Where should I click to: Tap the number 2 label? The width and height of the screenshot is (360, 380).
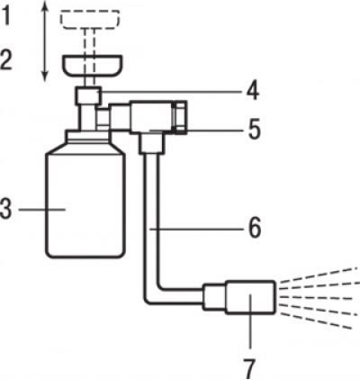pyautogui.click(x=6, y=60)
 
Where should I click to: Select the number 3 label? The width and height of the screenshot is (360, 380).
pyautogui.click(x=6, y=209)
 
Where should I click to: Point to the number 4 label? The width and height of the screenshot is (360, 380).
pyautogui.click(x=253, y=90)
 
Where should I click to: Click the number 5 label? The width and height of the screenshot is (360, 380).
pyautogui.click(x=254, y=130)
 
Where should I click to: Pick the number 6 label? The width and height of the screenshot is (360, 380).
pyautogui.click(x=255, y=229)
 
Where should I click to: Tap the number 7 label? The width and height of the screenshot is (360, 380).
pyautogui.click(x=249, y=368)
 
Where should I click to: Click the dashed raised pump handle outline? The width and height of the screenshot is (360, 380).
pyautogui.click(x=90, y=19)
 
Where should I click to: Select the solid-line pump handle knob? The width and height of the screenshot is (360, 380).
pyautogui.click(x=92, y=66)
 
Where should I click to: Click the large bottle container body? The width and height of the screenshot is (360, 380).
pyautogui.click(x=85, y=204)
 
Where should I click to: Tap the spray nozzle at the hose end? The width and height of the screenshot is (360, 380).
pyautogui.click(x=250, y=297)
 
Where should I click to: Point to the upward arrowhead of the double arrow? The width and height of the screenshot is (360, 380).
pyautogui.click(x=45, y=5)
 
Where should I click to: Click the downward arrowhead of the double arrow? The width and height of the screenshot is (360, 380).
pyautogui.click(x=45, y=77)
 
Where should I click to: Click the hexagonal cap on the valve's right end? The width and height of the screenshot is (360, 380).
pyautogui.click(x=180, y=117)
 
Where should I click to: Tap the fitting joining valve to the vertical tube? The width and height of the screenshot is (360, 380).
pyautogui.click(x=152, y=144)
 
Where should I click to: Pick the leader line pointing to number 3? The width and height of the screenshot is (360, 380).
pyautogui.click(x=42, y=209)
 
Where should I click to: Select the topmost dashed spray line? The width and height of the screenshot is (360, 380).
pyautogui.click(x=319, y=275)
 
